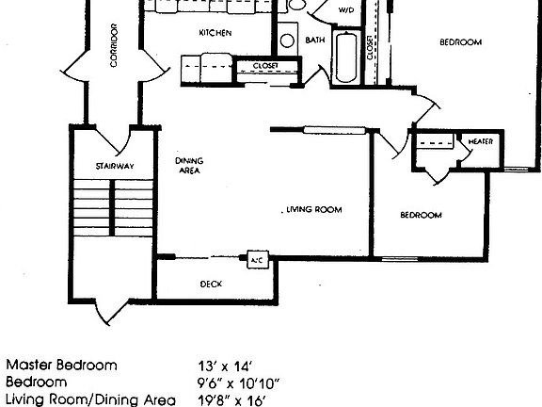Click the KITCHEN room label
[215, 33]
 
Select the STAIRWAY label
[114, 167]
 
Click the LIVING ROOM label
[314, 209]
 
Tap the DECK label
[211, 284]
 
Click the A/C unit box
[255, 259]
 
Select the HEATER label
[480, 141]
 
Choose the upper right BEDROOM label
[461, 42]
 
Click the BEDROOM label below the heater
[421, 215]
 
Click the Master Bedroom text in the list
[62, 365]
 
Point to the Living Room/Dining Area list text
[77, 399]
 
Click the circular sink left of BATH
[287, 41]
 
